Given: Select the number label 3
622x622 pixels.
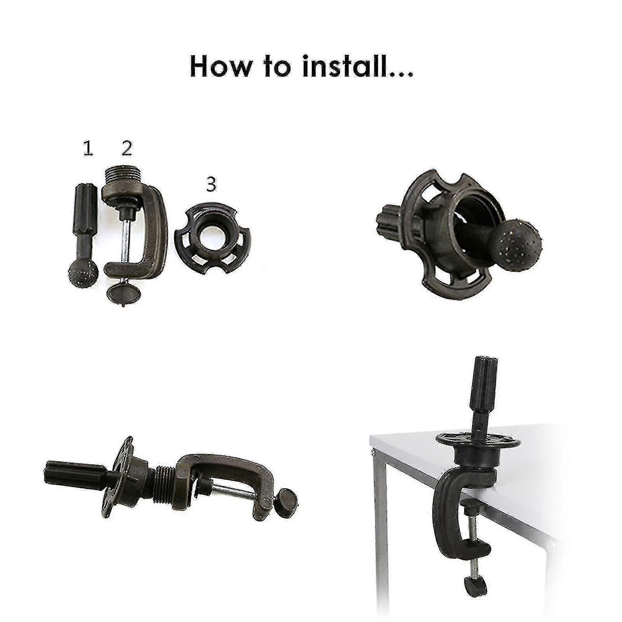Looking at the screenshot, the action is pyautogui.click(x=211, y=185).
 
